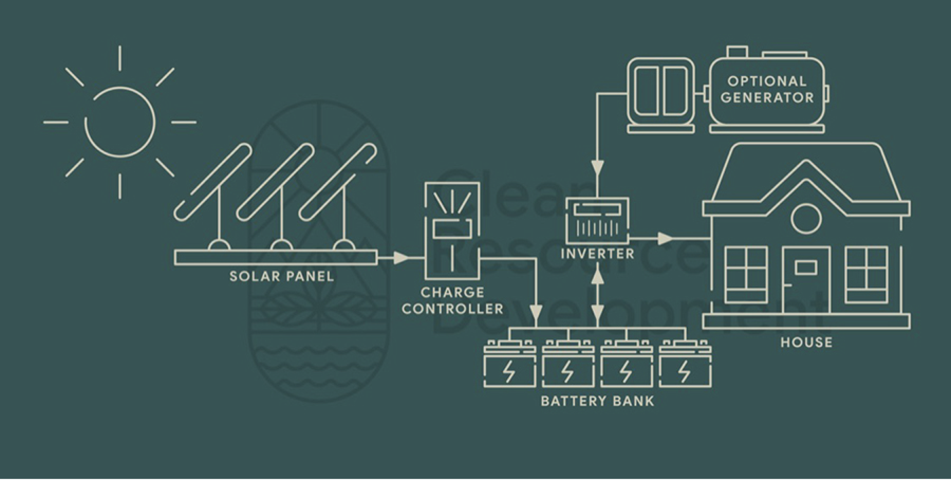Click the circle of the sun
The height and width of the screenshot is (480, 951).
click(120, 122)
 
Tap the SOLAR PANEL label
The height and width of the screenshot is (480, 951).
click(282, 277)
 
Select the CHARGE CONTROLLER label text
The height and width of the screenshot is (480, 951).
click(453, 301)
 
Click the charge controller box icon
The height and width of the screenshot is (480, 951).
click(452, 231)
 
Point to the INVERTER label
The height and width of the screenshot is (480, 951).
click(597, 254)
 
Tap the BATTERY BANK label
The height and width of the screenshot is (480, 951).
click(598, 401)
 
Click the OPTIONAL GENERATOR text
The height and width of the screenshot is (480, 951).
click(767, 89)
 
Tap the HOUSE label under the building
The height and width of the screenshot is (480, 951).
click(806, 342)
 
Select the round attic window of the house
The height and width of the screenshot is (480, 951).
click(806, 219)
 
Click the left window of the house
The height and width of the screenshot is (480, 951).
click(746, 275)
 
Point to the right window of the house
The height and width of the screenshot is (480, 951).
click(866, 275)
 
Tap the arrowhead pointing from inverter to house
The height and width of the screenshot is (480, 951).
click(665, 239)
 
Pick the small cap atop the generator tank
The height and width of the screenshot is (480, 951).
click(737, 52)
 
